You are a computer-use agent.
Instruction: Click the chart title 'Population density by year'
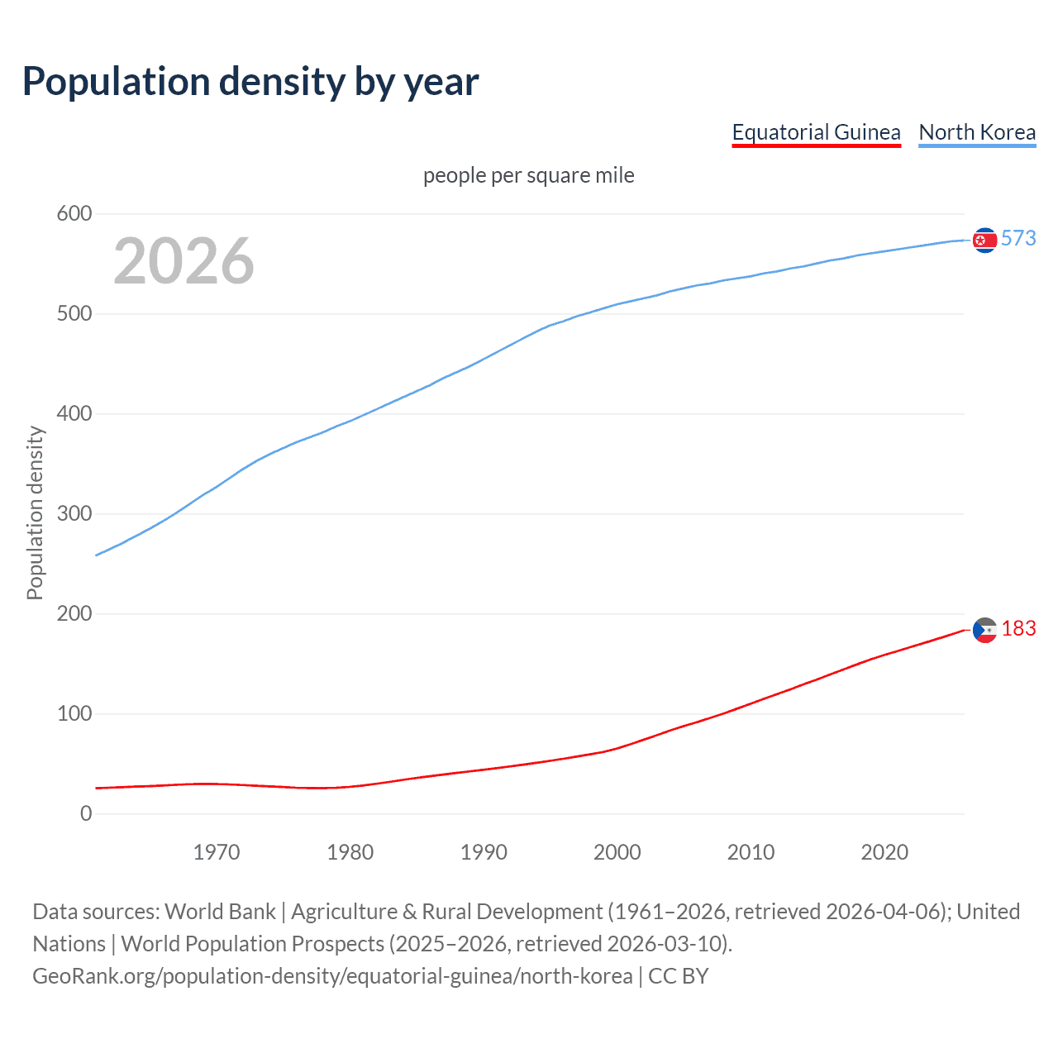click(250, 82)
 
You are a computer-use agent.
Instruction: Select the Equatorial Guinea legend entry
click(816, 132)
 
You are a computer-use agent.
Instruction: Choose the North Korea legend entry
click(977, 132)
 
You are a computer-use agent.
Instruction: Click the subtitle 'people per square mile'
click(529, 175)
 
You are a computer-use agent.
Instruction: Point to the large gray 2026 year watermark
click(183, 261)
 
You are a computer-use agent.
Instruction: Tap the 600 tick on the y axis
click(74, 214)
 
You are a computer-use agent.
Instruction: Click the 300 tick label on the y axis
click(74, 514)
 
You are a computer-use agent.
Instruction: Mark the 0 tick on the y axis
click(86, 814)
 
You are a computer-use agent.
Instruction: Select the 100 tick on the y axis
click(74, 714)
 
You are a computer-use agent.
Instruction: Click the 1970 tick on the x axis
click(217, 852)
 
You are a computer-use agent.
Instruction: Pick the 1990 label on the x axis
click(484, 852)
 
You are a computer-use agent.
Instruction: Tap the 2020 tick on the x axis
click(884, 852)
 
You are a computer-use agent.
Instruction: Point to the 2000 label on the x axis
click(617, 852)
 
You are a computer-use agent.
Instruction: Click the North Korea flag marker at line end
click(984, 240)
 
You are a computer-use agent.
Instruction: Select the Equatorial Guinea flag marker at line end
click(984, 631)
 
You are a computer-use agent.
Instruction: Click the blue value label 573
click(1018, 239)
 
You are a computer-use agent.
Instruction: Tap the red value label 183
click(1018, 629)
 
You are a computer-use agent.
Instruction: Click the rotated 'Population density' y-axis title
click(35, 512)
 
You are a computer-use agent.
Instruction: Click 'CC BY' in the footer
click(678, 976)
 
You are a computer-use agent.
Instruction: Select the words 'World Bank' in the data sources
click(220, 912)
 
